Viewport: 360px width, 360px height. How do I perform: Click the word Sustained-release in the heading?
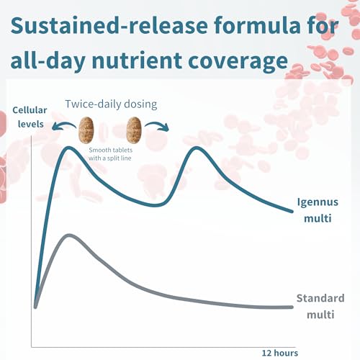(x=109, y=25)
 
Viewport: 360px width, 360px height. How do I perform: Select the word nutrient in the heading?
(x=137, y=60)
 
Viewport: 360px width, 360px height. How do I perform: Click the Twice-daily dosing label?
(x=111, y=104)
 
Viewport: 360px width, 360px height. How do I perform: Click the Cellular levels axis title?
(x=30, y=117)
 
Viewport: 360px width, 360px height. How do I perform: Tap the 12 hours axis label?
(x=280, y=353)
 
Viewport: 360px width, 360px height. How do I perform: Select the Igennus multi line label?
(x=318, y=210)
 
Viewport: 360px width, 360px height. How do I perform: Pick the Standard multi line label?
(x=320, y=307)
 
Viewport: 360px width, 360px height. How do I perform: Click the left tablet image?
(x=86, y=130)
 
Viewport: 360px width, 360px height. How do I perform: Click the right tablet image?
(x=134, y=130)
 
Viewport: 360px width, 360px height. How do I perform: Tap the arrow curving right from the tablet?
(x=157, y=125)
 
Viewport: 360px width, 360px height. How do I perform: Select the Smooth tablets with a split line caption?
(x=110, y=154)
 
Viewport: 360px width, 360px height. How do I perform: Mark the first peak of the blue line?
(x=68, y=148)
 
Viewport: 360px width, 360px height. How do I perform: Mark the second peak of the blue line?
(x=197, y=148)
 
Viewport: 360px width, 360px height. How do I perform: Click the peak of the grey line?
(x=69, y=235)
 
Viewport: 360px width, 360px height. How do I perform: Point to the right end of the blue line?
(x=292, y=212)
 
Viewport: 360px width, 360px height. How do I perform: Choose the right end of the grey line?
(x=292, y=307)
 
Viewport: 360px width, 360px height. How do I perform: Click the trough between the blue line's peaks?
(x=156, y=205)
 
